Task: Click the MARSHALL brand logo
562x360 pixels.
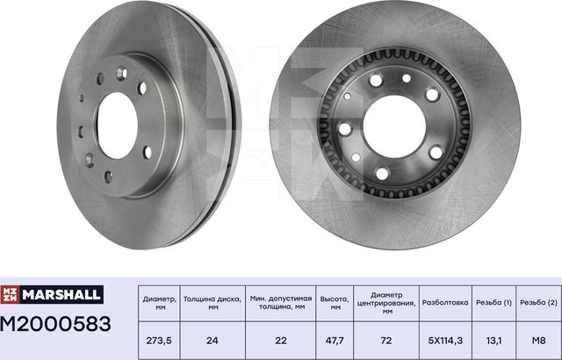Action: [x=55, y=294]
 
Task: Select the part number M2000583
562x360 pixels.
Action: [x=57, y=324]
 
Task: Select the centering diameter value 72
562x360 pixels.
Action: [x=385, y=339]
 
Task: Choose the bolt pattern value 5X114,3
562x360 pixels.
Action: [x=446, y=339]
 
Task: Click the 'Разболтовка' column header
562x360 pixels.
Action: [x=446, y=304]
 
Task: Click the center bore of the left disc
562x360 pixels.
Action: [x=117, y=125]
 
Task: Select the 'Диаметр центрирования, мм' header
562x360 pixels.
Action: [x=385, y=305]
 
